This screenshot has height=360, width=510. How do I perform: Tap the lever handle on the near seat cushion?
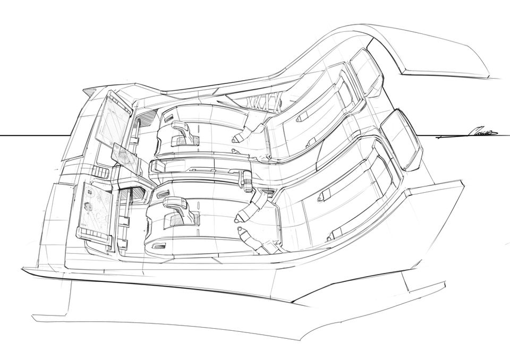pyautogui.click(x=175, y=207)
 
